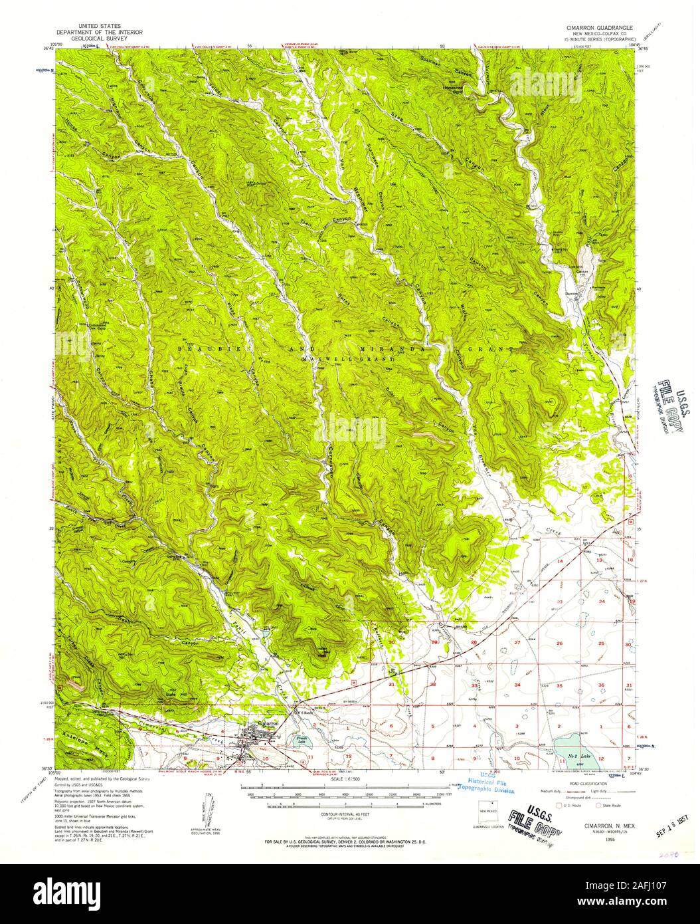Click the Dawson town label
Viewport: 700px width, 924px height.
(582, 291)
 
